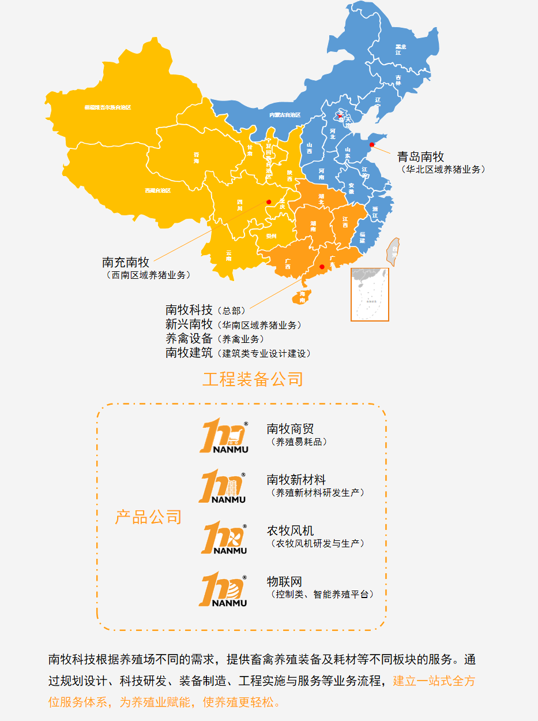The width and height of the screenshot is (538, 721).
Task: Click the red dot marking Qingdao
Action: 372,145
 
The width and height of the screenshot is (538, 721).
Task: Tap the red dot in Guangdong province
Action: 322,267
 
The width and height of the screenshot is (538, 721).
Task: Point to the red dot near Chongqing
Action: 269,201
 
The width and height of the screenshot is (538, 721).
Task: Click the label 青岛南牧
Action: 420,156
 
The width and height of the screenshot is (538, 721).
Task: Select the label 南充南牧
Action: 126,263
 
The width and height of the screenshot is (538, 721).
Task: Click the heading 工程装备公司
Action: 253,379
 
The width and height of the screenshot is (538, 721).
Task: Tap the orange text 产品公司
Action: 148,517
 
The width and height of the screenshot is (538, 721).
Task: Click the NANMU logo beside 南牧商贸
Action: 224,436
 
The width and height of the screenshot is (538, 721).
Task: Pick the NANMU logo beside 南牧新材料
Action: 223,487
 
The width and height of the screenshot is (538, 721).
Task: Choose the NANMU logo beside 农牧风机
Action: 224,537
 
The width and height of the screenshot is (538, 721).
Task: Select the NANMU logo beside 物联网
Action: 223,589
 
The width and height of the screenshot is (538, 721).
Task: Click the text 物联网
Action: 284,581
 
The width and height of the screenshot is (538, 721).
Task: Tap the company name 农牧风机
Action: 290,531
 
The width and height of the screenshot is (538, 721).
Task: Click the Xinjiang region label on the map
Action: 108,107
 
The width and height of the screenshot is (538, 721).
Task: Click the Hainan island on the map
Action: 302,297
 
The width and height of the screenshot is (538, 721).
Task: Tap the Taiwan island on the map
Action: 394,251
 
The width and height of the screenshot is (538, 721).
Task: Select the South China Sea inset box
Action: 370,294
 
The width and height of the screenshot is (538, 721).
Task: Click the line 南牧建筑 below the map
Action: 189,353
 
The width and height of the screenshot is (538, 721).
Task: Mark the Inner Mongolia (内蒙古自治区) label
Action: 285,115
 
